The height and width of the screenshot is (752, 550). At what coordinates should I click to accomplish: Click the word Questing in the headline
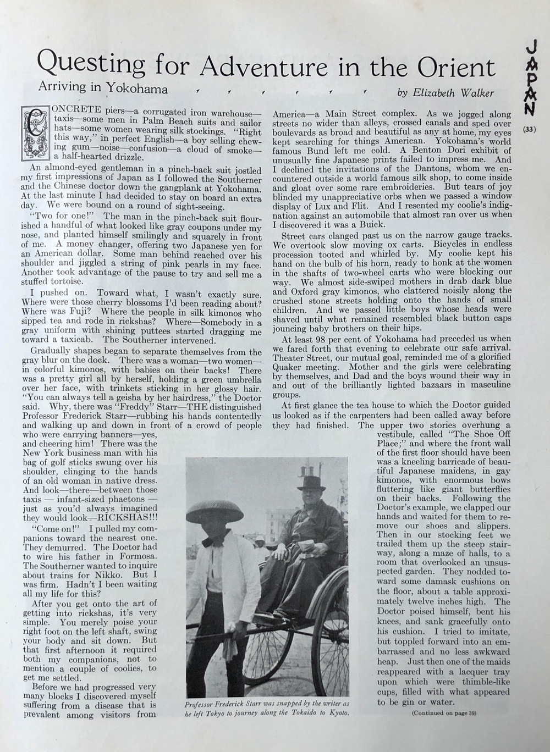pos(91,67)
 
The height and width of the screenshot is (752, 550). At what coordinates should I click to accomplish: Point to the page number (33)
pos(530,130)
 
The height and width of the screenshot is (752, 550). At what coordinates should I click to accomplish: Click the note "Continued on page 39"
pos(444,714)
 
